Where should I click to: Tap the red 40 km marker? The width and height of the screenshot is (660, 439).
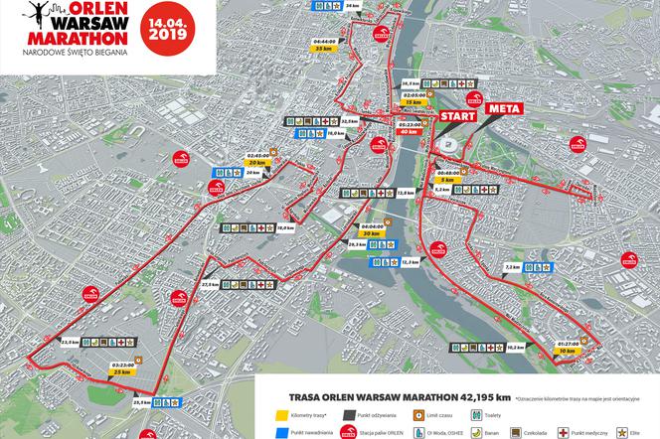407,130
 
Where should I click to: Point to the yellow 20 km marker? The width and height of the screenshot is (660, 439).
257,162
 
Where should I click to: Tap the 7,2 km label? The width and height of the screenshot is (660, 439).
512,267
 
